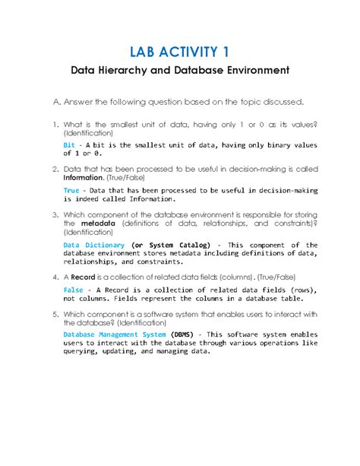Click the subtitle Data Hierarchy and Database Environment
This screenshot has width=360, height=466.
tap(180, 71)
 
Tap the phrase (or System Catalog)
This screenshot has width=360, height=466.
tap(166, 246)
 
